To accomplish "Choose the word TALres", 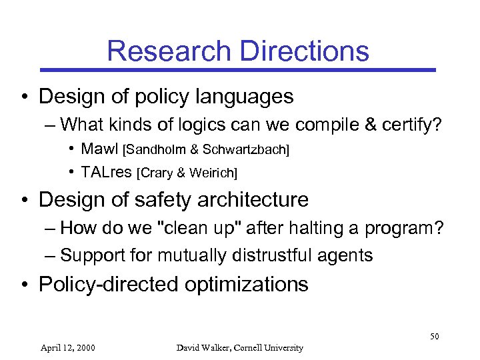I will [107, 173].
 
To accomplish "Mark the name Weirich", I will [212, 173].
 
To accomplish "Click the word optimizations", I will [247, 285].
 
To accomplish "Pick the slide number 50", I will [435, 336].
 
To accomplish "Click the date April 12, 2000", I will [67, 347].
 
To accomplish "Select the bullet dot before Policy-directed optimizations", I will [24, 285].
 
